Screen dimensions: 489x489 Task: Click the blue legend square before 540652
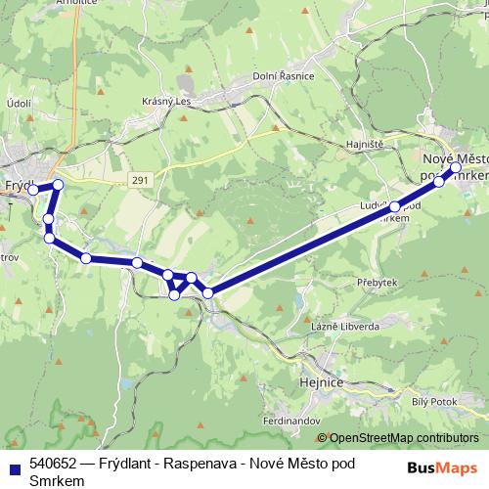(15, 465)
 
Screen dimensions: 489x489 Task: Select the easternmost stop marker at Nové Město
(456, 167)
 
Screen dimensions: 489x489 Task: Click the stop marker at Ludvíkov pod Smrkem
(395, 207)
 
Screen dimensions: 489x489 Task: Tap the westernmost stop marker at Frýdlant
(32, 190)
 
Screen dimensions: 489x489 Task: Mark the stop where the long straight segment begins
(207, 292)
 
